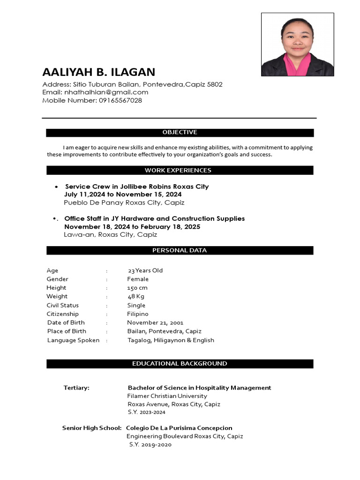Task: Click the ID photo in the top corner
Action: coord(297,45)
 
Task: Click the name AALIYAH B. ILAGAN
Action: coord(98,72)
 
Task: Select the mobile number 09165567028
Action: coord(120,100)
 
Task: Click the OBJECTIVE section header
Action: coord(180,133)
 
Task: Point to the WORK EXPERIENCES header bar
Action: coord(180,171)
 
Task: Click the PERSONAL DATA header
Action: coord(180,251)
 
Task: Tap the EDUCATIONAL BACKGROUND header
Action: coord(180,364)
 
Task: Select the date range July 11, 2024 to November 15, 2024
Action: coord(123,195)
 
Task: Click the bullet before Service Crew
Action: coord(57,187)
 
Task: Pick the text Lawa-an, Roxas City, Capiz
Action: coord(111,235)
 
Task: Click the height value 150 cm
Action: coord(137,288)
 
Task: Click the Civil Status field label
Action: coord(63,305)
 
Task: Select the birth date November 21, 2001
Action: coord(155,322)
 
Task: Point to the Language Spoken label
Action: coord(73,340)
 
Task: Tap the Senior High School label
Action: coord(92,428)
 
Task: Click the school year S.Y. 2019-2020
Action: coord(150,444)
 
